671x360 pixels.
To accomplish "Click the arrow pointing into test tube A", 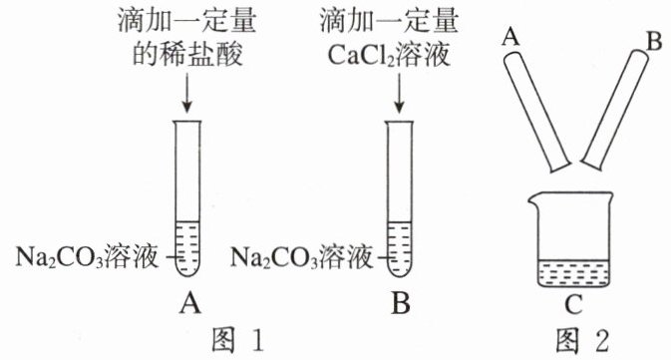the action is (186, 93).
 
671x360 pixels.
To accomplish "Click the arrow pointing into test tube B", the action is (399, 93).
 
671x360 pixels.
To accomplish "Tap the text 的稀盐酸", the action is (187, 54).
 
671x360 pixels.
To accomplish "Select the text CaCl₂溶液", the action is (389, 55).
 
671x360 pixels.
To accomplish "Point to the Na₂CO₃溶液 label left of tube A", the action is (87, 257).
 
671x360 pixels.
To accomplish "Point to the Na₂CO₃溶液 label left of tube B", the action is (301, 257).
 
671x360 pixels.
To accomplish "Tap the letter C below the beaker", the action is (573, 304).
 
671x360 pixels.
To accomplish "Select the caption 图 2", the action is (581, 341).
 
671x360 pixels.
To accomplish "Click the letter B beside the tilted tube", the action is (654, 42).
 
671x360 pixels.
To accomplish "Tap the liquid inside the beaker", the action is (573, 273).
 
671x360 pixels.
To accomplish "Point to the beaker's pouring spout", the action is (533, 197).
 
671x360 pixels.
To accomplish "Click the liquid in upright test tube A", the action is (187, 247).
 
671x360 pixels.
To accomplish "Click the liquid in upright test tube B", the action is (399, 247).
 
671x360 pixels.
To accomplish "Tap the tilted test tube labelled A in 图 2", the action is (536, 112).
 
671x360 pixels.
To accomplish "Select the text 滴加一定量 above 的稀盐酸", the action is (187, 21).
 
